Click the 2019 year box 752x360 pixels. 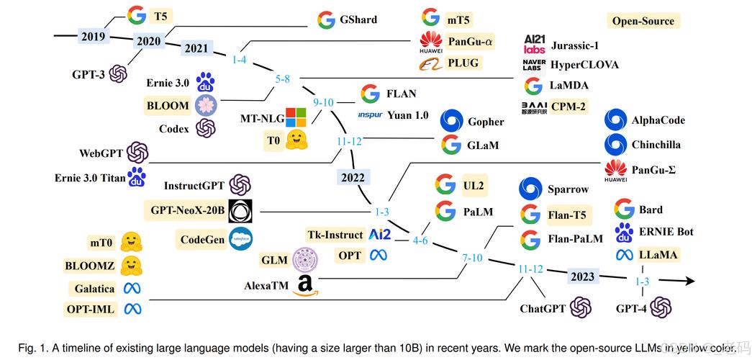94,35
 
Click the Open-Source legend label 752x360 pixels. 643,21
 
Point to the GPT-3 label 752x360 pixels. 89,74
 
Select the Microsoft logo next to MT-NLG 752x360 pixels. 296,117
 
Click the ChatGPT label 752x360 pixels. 543,309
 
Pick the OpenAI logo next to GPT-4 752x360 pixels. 660,307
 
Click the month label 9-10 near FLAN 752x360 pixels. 323,102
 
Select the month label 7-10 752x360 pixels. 472,258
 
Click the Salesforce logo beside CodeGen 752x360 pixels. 240,239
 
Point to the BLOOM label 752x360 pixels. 168,105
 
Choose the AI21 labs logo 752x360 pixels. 534,45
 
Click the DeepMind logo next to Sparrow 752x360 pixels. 530,189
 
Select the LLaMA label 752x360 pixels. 658,254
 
